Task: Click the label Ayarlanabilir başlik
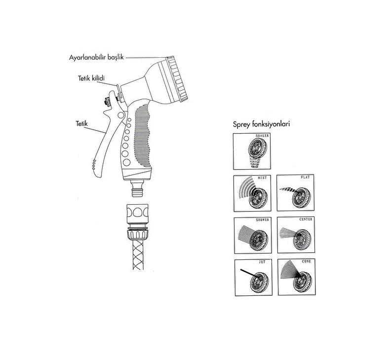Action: [x=96, y=57]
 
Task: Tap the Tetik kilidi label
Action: [x=91, y=78]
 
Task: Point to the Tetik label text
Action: [x=81, y=123]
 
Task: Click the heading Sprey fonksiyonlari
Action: [x=261, y=124]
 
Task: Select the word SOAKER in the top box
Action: [x=262, y=136]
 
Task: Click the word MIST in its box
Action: [x=262, y=178]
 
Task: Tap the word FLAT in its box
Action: [x=305, y=177]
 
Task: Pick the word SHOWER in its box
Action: [x=262, y=220]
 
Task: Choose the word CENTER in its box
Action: [x=306, y=219]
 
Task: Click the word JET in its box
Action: [x=262, y=262]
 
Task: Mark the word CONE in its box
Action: [x=307, y=261]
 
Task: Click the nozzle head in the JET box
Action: [x=259, y=282]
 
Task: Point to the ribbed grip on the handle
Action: [x=142, y=136]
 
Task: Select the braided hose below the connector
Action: [x=138, y=254]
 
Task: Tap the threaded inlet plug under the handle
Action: [x=137, y=188]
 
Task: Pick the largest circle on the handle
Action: [x=126, y=163]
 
